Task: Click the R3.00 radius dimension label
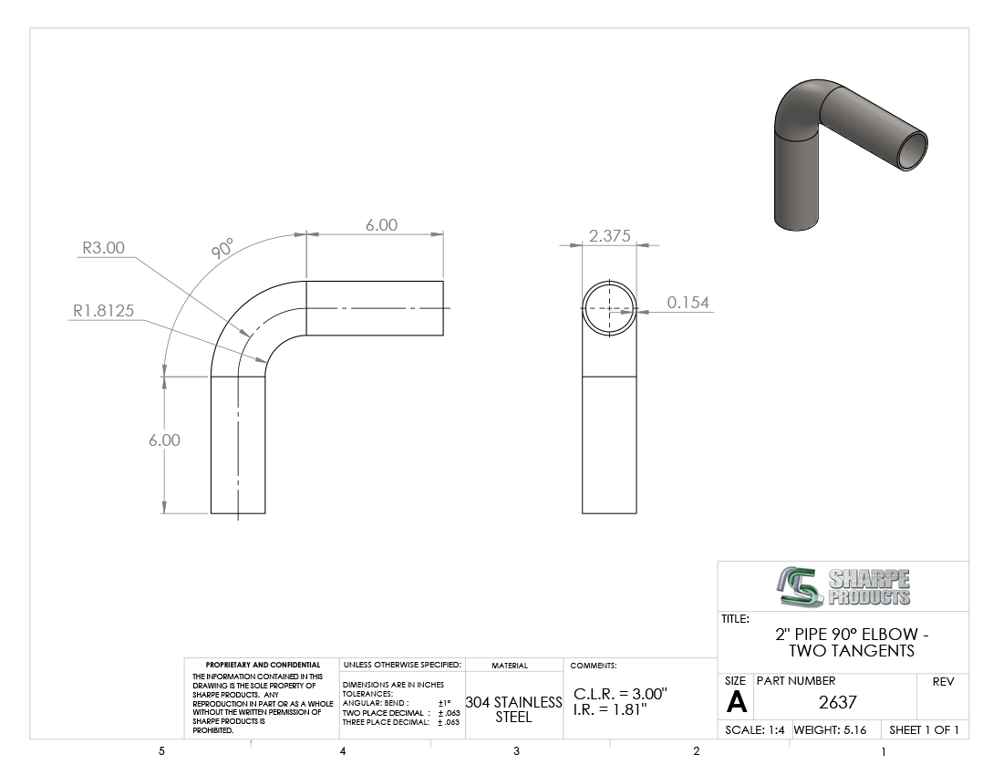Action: (x=104, y=248)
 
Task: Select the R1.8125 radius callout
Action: (x=104, y=311)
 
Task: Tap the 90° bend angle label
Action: (x=222, y=248)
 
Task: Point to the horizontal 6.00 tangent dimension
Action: (x=381, y=225)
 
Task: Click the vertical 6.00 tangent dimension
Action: (x=164, y=440)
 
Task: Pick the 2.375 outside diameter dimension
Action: (x=610, y=236)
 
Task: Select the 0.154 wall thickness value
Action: (x=688, y=303)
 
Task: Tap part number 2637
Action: (x=837, y=702)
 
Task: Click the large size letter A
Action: (x=736, y=703)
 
